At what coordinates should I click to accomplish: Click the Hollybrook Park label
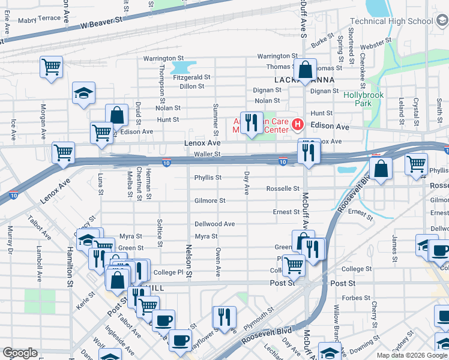362,99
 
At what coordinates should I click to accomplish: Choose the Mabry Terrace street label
40,19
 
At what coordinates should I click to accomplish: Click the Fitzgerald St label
192,77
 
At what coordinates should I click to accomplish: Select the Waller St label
208,154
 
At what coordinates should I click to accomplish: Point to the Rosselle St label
283,188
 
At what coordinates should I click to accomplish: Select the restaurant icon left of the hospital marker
252,123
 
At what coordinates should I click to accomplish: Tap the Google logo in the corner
20,353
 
